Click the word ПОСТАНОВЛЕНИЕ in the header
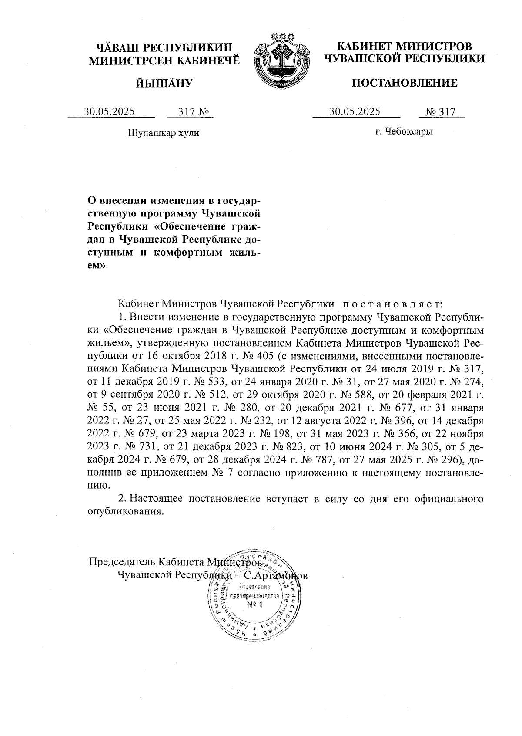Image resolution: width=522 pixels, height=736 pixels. point(404,83)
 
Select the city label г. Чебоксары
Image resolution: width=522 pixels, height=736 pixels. point(404,131)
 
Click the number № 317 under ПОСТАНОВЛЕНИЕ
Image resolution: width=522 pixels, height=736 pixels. point(440,112)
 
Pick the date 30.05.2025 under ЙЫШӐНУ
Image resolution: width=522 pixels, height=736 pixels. point(109,112)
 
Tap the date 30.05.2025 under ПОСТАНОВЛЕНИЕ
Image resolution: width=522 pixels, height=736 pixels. point(355,112)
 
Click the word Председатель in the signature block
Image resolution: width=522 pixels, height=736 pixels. point(121,561)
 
